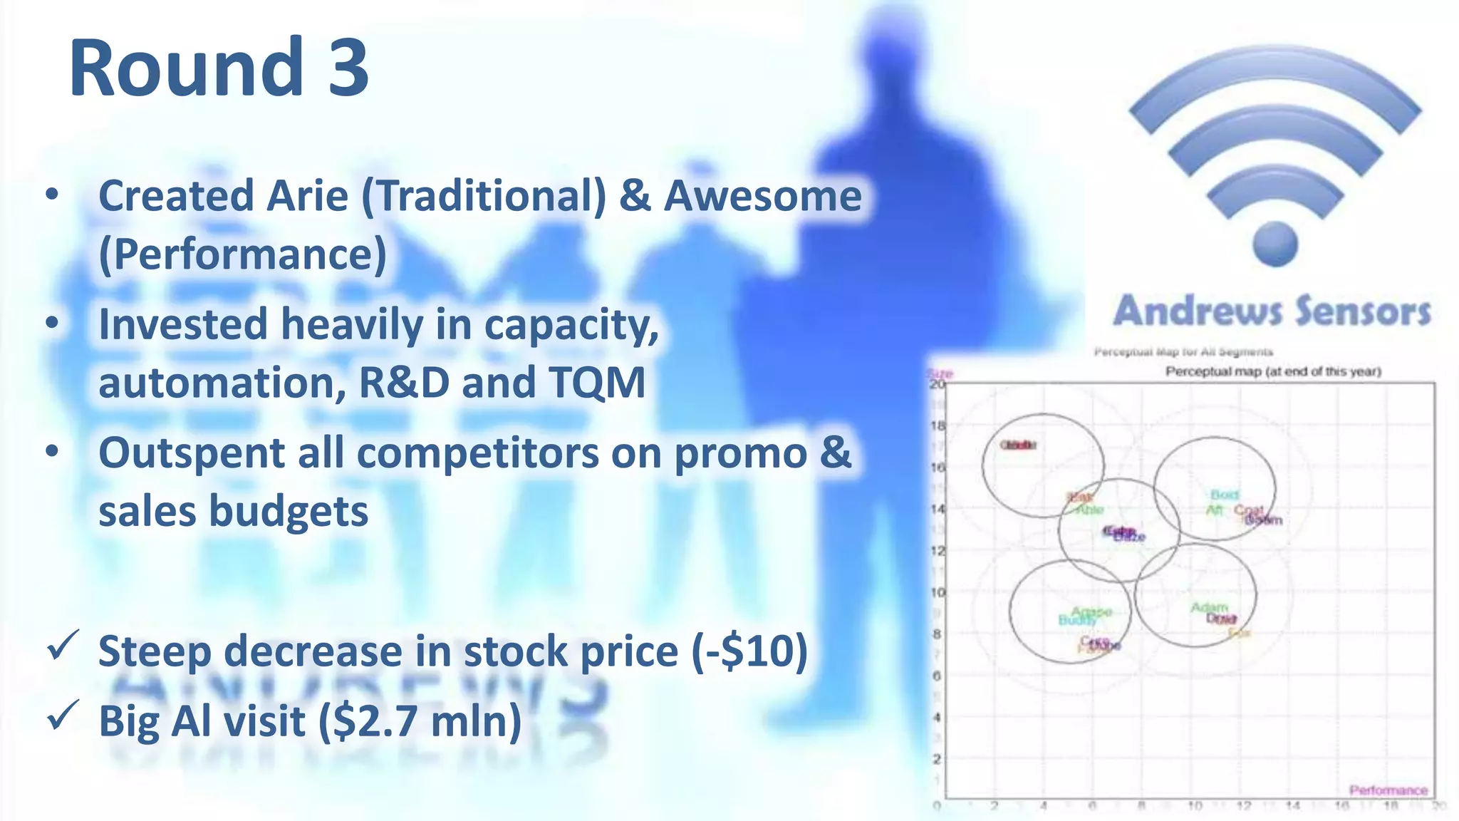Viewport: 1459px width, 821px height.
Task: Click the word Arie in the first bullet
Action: tap(307, 196)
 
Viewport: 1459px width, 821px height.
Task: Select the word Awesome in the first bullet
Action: tap(762, 196)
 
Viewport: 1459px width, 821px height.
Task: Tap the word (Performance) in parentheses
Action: tap(243, 254)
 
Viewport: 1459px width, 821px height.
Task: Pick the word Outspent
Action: tap(192, 453)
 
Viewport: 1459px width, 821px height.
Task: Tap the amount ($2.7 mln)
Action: tap(420, 721)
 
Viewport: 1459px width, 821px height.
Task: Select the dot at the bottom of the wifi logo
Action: tap(1274, 244)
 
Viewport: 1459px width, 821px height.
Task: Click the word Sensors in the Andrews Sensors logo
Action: tap(1362, 312)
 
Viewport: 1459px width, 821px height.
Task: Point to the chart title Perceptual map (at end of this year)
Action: tap(1273, 371)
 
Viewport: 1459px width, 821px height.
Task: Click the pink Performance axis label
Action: tap(1388, 790)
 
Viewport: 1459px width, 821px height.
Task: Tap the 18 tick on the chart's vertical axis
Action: tap(938, 426)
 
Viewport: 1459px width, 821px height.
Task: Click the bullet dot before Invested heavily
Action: tap(52, 324)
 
